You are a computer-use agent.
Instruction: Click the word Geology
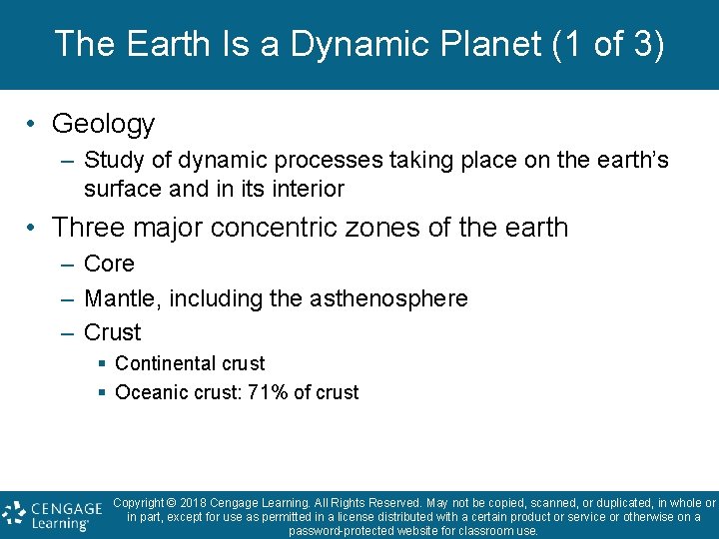[x=103, y=124]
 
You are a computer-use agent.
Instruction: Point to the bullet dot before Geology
[x=33, y=124]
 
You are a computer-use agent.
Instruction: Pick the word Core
[x=109, y=265]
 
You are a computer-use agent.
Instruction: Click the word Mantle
[x=118, y=298]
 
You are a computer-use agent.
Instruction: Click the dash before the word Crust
[x=66, y=332]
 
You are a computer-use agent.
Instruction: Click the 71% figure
[x=269, y=392]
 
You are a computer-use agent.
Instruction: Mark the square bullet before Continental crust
[x=102, y=364]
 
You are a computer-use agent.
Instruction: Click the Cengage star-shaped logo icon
[x=14, y=513]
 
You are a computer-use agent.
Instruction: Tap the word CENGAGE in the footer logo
[x=66, y=507]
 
